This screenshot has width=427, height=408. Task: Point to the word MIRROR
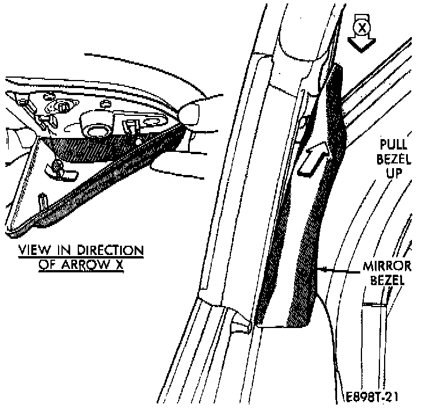pos(386,267)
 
